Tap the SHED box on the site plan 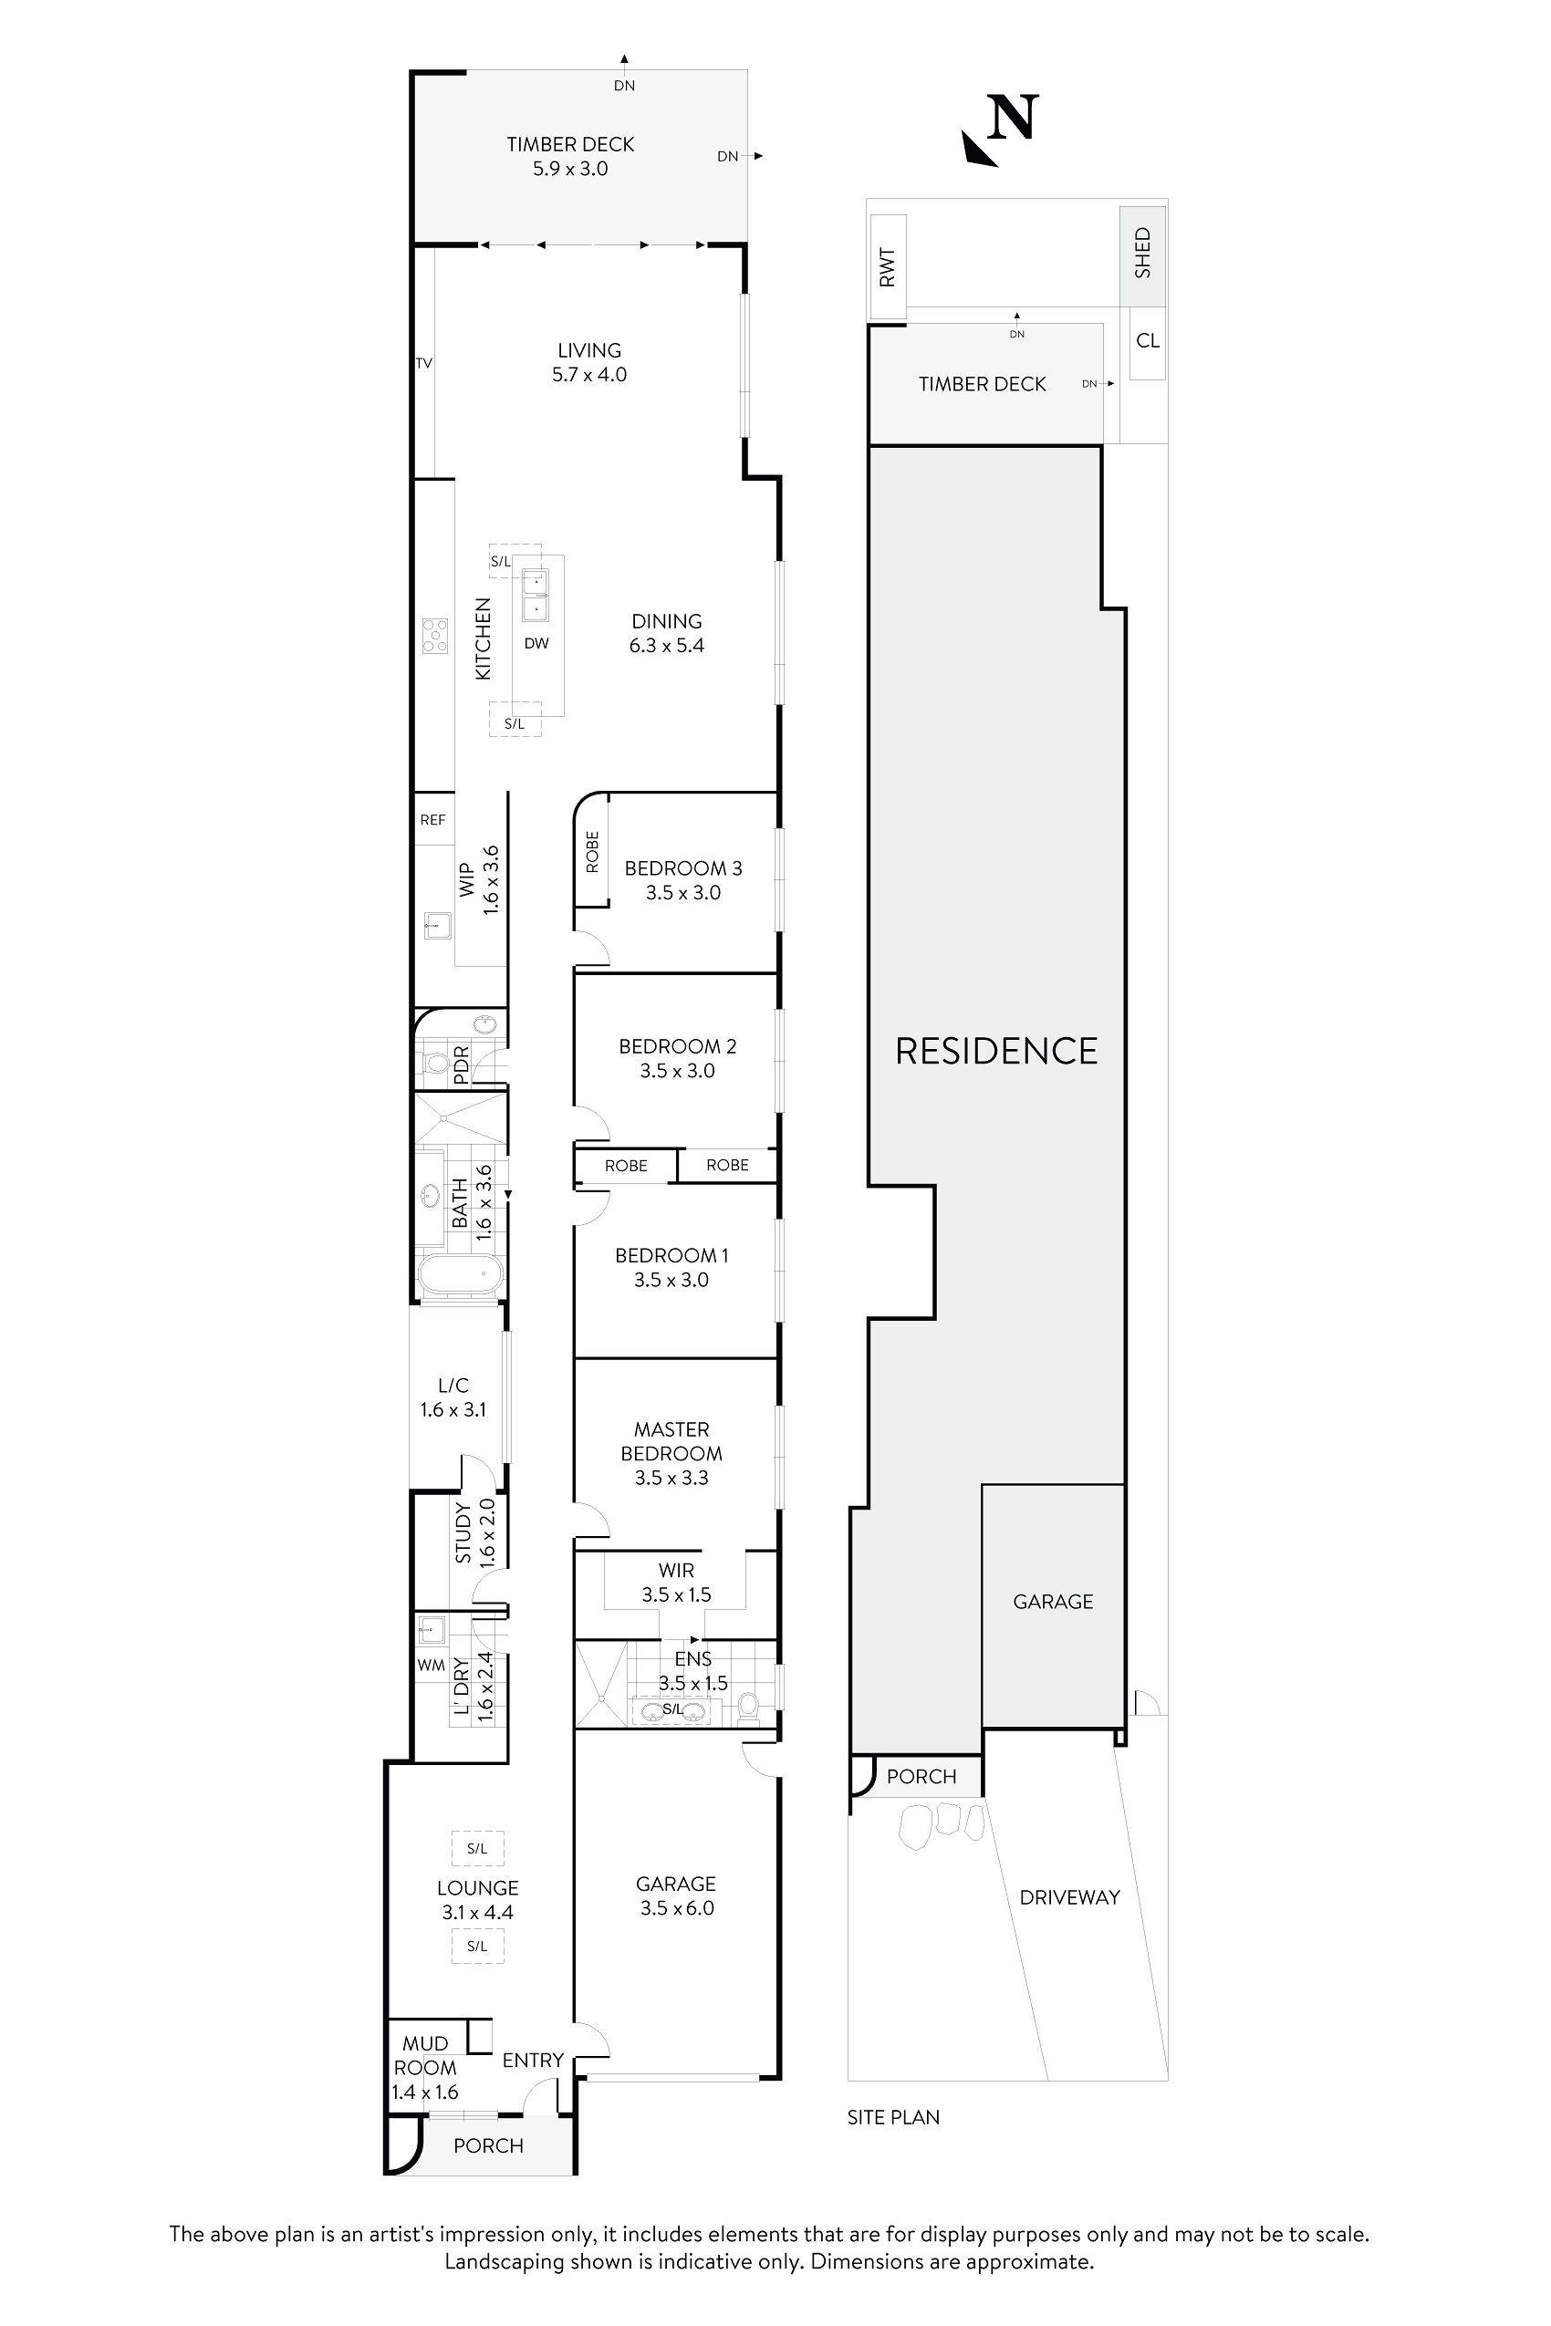(1142, 254)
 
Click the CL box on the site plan (1148, 341)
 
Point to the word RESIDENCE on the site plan (996, 1051)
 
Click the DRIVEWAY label (1069, 1896)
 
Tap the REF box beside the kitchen (432, 820)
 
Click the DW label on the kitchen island (536, 644)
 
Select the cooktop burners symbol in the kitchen (434, 635)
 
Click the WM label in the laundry (431, 1666)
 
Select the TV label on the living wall (423, 364)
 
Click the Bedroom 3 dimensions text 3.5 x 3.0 (682, 893)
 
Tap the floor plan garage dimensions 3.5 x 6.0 (677, 1908)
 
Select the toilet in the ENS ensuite (749, 1708)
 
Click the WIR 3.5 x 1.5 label (677, 1583)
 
